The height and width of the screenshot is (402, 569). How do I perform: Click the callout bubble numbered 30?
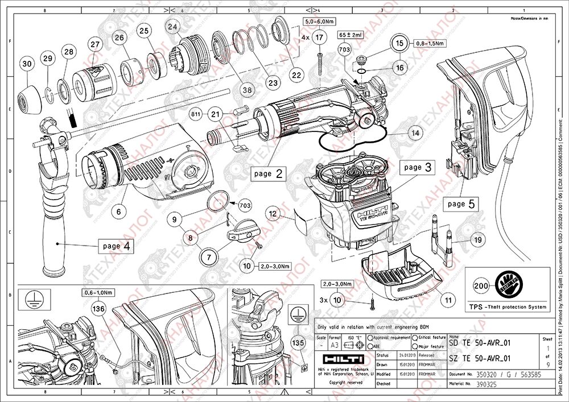(x=26, y=65)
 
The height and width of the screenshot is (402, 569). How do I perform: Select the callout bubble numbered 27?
(x=94, y=45)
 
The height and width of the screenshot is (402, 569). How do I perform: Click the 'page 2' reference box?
(x=268, y=173)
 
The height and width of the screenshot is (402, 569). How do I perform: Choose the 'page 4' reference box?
(x=117, y=246)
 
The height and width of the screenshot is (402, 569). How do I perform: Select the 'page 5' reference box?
(x=461, y=203)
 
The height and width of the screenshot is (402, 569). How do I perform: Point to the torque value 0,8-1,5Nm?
(x=430, y=43)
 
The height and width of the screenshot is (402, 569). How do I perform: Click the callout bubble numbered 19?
(x=477, y=241)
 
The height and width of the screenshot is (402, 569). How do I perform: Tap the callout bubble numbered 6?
(x=118, y=212)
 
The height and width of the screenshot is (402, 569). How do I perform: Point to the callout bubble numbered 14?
(x=416, y=132)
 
